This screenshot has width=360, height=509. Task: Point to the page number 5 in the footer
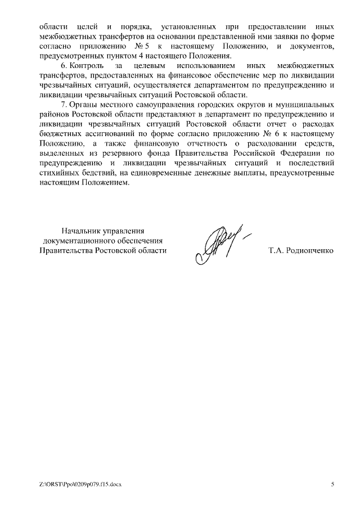coord(332,484)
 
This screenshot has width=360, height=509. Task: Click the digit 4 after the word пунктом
coord(139,57)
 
